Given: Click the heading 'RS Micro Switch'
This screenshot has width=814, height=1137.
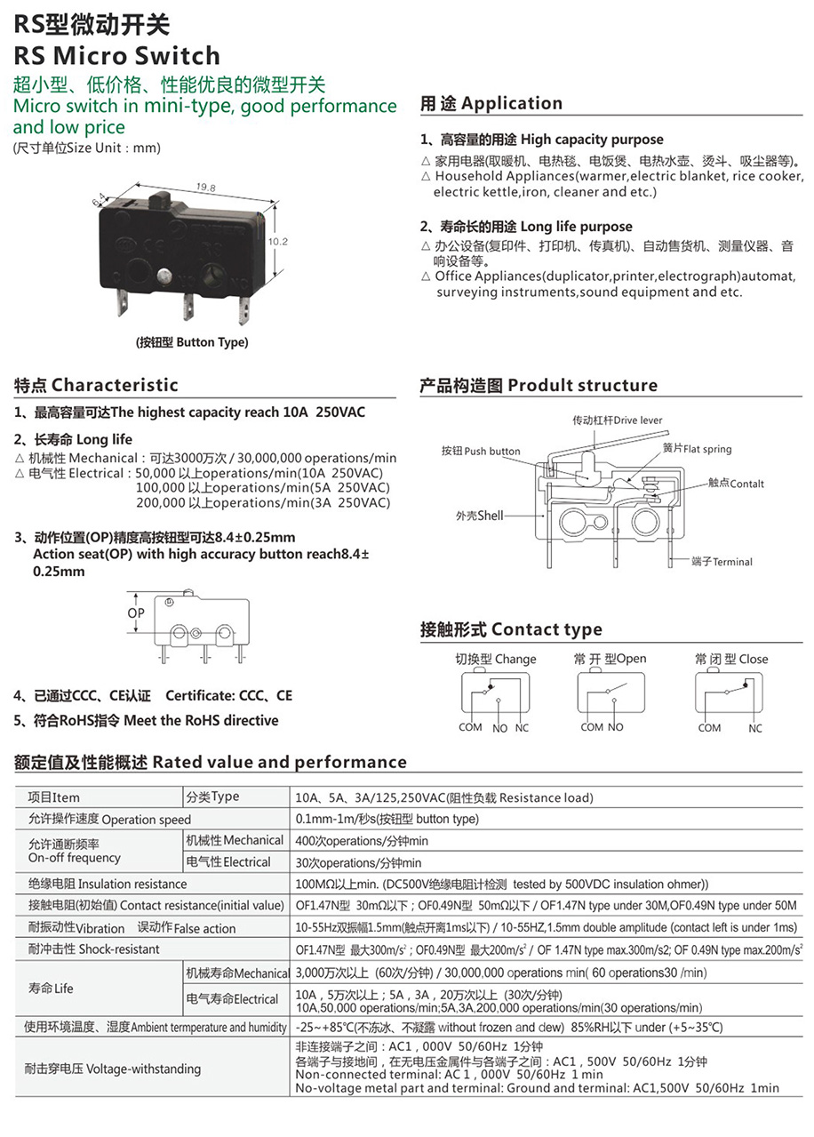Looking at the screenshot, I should (x=116, y=56).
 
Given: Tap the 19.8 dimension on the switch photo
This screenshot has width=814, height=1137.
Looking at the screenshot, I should (x=205, y=188).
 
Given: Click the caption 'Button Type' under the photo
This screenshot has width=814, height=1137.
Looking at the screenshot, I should (x=192, y=342).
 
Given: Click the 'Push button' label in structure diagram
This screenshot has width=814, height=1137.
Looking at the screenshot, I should (x=481, y=451).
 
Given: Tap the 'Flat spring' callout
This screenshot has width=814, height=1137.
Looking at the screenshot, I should (x=697, y=449).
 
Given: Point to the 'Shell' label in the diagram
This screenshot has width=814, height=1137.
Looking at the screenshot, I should (x=480, y=516).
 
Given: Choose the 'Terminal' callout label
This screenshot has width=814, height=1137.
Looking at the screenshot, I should (x=722, y=562).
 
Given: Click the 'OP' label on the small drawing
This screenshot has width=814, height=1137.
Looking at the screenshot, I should (x=136, y=613).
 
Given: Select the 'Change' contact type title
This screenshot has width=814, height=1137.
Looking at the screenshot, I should (x=496, y=659).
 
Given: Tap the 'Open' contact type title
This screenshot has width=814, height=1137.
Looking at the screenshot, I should (x=610, y=659).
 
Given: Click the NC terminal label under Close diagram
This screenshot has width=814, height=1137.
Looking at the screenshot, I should (x=755, y=728).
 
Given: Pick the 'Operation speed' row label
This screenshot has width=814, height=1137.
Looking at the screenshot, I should (x=109, y=819).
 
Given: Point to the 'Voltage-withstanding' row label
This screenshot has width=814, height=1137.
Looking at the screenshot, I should (x=113, y=1069).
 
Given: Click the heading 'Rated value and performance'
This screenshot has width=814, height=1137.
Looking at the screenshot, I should (x=211, y=762).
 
